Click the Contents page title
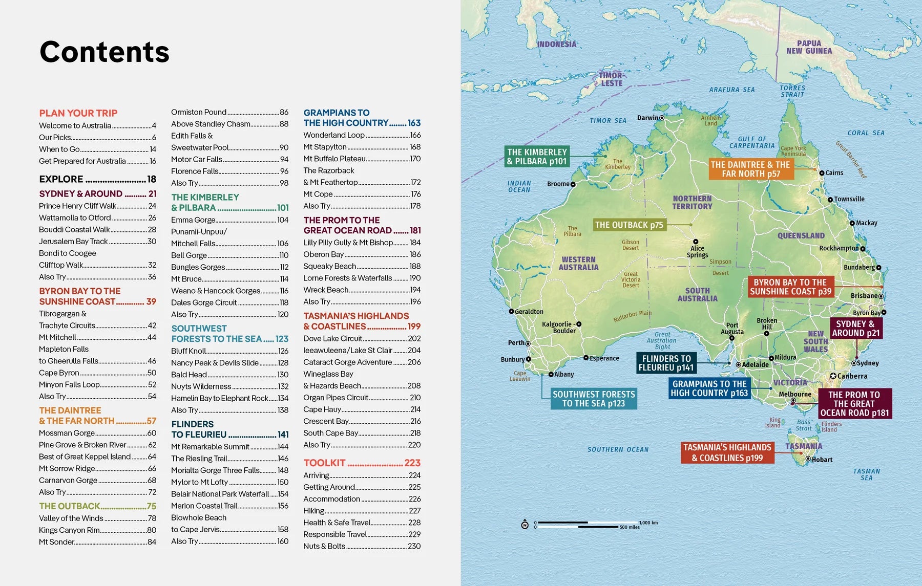tap(104, 52)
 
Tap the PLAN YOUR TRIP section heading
tap(78, 113)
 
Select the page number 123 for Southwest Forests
tap(282, 339)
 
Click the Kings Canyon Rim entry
tap(70, 530)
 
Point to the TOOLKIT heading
tap(325, 463)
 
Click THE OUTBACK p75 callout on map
tap(629, 225)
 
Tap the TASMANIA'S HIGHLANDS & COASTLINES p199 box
tap(727, 452)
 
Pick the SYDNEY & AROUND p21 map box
tap(855, 328)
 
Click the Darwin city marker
tap(662, 118)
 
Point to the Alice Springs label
tap(697, 251)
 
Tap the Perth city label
tap(516, 342)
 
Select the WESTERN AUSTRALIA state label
tap(578, 263)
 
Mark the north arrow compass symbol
tap(525, 525)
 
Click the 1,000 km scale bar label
tap(648, 523)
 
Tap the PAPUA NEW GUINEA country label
tap(809, 47)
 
